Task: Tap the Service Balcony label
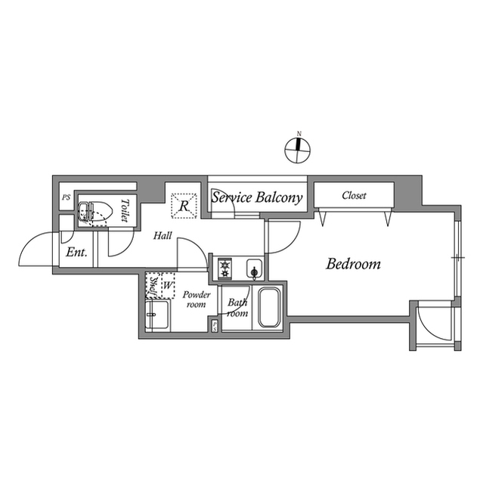coord(257,198)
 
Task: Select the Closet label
coord(354,195)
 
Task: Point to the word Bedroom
coord(353,265)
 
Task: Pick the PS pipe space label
coord(66,198)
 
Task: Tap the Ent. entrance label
coord(76,253)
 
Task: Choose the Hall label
coord(163,236)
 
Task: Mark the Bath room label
coord(237,308)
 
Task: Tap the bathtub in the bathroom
coord(269,308)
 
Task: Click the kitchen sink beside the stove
coord(255,268)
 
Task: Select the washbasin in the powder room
coord(157,316)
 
